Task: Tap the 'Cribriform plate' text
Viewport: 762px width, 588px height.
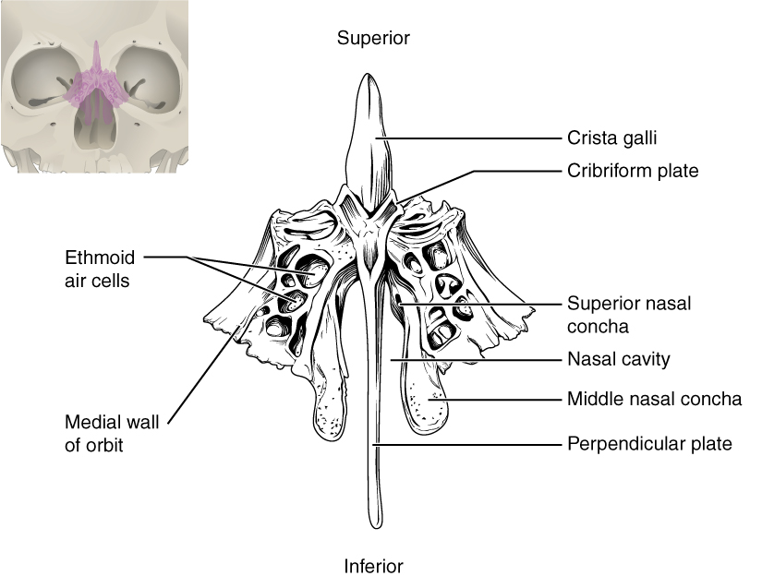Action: coord(633,171)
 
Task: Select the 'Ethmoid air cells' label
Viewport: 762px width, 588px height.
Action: coord(97,266)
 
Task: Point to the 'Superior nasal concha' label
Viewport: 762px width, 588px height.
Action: coord(629,314)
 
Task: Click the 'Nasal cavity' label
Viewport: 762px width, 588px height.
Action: coord(618,358)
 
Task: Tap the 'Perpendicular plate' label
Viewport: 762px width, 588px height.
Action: coord(649,444)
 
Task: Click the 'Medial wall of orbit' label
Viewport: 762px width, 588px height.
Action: coord(112,434)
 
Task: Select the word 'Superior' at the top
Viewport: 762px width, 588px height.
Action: coord(372,38)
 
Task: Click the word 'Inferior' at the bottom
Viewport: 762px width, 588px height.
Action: coord(374,565)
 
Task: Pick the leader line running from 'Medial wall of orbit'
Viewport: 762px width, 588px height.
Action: coord(203,369)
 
